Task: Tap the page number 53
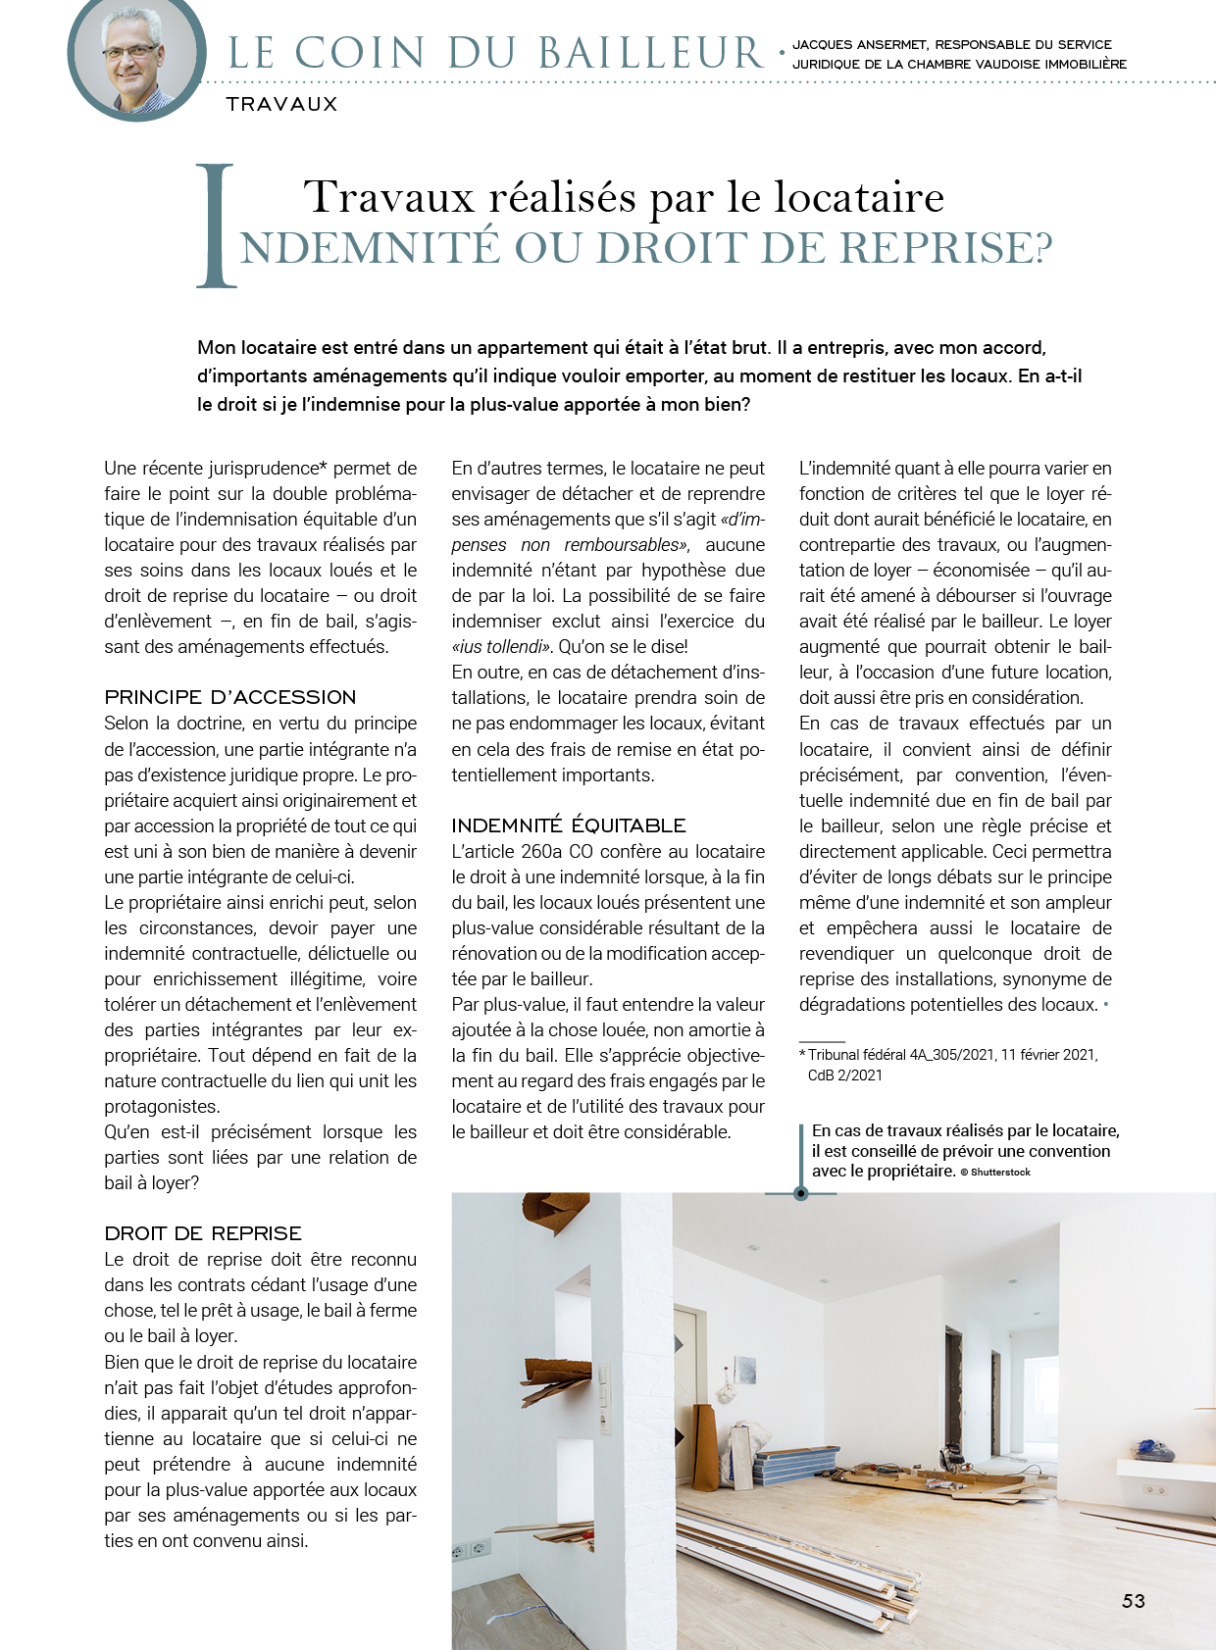(x=1133, y=1601)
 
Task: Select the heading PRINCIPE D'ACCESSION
(x=230, y=697)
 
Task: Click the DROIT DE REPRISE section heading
(x=203, y=1233)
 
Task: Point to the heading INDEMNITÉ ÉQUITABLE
(x=569, y=825)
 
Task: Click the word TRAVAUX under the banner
(x=281, y=104)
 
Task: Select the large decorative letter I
(x=216, y=226)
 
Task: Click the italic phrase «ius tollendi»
(x=500, y=647)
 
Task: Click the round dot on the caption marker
(x=801, y=1193)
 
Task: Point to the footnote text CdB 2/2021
(x=844, y=1075)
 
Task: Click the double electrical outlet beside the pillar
(x=470, y=1551)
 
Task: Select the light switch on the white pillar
(x=604, y=1382)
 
